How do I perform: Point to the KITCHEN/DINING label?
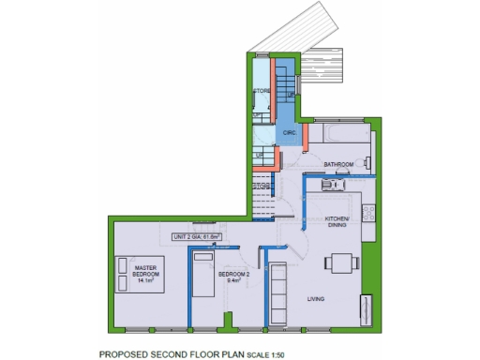point(337,221)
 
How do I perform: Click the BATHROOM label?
point(338,164)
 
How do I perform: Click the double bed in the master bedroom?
point(138,275)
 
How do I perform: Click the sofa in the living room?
point(277,294)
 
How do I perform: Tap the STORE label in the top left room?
point(262,91)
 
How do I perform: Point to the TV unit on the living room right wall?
point(366,308)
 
